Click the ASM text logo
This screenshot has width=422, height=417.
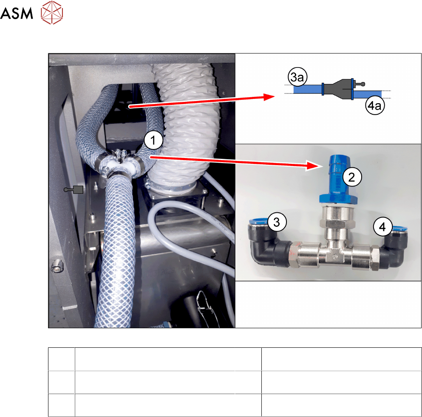(x=17, y=13)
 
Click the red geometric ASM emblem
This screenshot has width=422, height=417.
(x=52, y=12)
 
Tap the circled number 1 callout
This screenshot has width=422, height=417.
(x=153, y=140)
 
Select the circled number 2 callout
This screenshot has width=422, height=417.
(x=351, y=177)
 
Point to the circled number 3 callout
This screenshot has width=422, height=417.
(x=277, y=222)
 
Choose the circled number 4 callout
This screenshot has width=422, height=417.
(x=382, y=227)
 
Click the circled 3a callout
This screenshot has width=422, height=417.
(x=297, y=77)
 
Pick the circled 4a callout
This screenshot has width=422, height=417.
(x=375, y=105)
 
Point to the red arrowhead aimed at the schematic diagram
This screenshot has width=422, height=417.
(x=269, y=97)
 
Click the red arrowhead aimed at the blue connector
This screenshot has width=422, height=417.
(x=314, y=165)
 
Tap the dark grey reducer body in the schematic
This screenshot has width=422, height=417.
(x=337, y=89)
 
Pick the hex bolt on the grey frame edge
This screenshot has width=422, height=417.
(x=57, y=266)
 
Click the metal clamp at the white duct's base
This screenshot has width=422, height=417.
(x=172, y=186)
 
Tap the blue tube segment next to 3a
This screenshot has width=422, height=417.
(x=308, y=89)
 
